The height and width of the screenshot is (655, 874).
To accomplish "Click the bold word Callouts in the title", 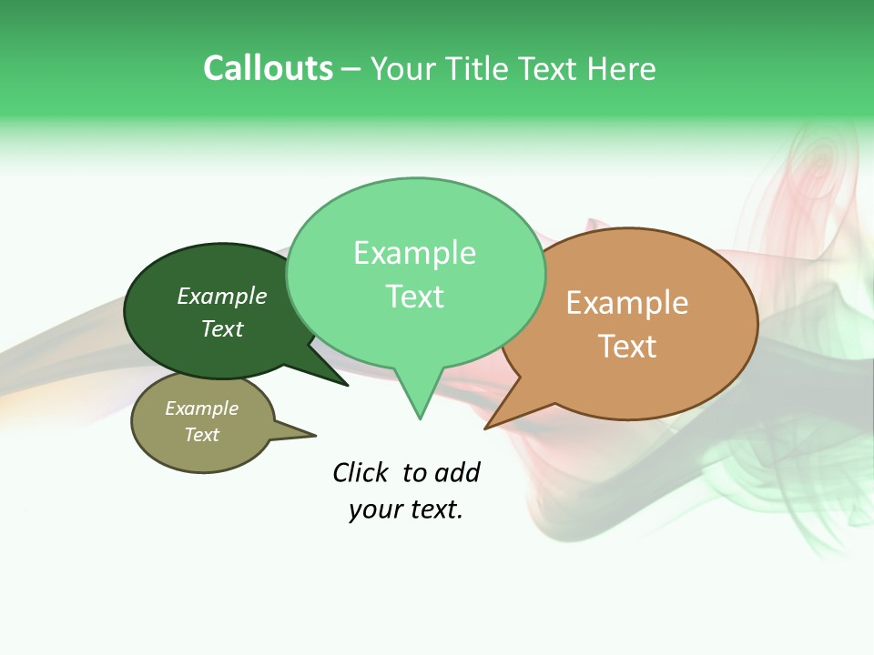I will (x=268, y=68).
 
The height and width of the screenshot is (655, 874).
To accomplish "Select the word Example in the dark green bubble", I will (x=222, y=296).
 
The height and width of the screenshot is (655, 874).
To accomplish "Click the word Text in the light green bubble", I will (x=415, y=297).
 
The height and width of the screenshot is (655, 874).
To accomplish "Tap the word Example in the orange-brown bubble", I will (x=627, y=302).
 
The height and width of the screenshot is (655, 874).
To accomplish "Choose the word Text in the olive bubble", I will (x=202, y=435).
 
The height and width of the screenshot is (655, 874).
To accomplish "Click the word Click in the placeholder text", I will (x=361, y=472).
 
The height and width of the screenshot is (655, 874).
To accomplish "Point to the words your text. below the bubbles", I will (x=406, y=509).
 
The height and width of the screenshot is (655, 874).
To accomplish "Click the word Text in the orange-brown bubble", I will (x=627, y=346).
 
